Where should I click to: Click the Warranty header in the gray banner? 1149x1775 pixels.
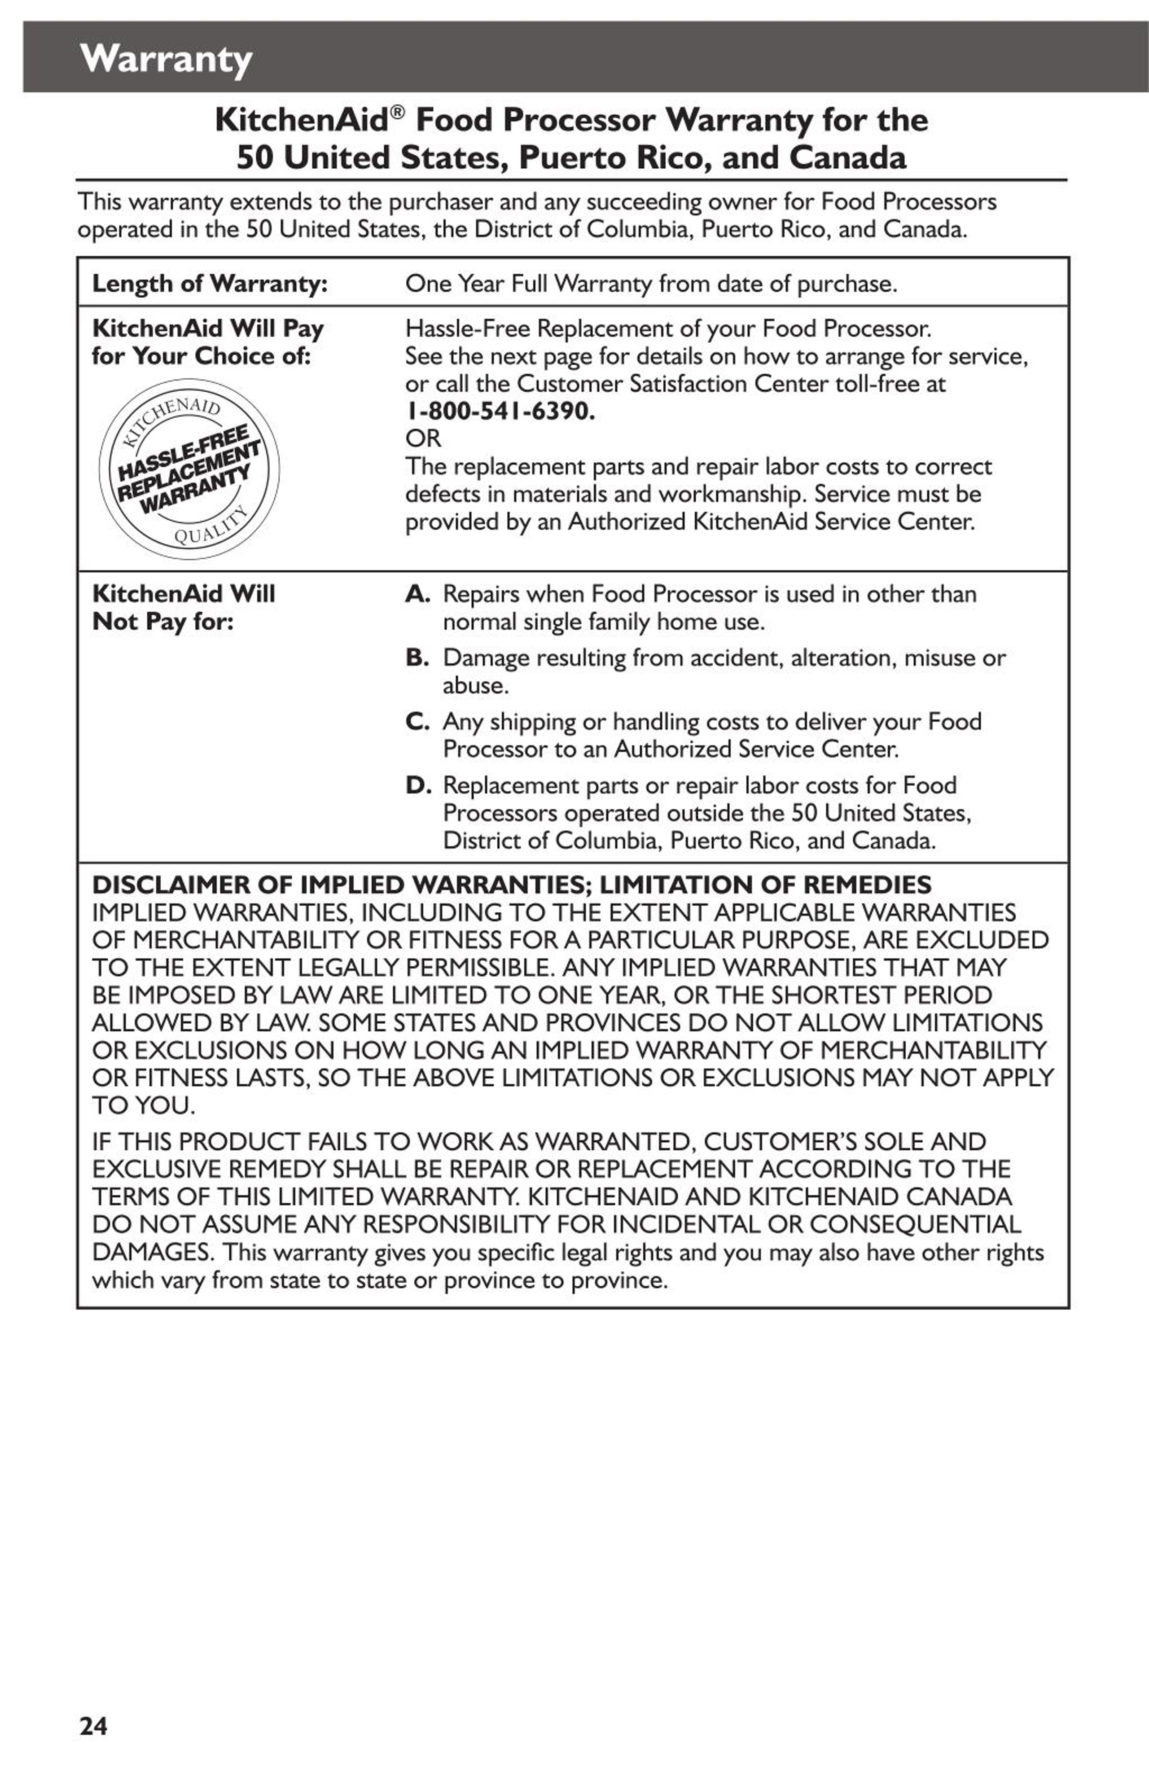point(166,59)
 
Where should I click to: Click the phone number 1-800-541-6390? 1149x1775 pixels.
point(500,411)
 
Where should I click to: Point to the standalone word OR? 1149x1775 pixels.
point(423,438)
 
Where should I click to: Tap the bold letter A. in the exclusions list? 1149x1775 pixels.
point(417,594)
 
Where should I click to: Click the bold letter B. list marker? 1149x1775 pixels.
point(417,658)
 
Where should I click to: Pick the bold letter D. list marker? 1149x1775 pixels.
point(417,785)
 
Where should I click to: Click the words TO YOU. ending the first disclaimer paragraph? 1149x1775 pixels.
point(143,1105)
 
